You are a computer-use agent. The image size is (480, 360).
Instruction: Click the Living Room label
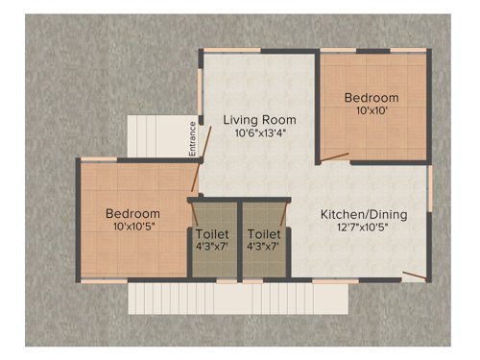[259, 120]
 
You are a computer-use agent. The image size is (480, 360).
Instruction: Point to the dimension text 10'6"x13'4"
[259, 133]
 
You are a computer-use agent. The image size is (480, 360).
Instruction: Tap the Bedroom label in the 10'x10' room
[372, 98]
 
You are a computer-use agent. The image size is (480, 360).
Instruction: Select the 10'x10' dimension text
[372, 111]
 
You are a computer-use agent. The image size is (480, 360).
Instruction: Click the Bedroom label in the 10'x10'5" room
[132, 212]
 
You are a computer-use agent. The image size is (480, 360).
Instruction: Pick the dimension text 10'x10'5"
[132, 227]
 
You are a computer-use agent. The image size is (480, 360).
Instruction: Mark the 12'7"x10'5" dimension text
[364, 228]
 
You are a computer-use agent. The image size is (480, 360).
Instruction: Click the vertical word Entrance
[192, 137]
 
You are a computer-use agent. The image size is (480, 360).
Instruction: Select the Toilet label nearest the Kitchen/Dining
[264, 233]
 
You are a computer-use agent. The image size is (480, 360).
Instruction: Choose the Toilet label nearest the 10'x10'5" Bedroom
[211, 233]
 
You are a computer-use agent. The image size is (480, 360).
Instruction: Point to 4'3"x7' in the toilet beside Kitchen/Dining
[264, 247]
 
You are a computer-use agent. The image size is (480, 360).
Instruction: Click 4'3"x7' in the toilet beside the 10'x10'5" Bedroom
[211, 247]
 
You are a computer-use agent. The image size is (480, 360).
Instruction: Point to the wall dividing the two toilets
[238, 240]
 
